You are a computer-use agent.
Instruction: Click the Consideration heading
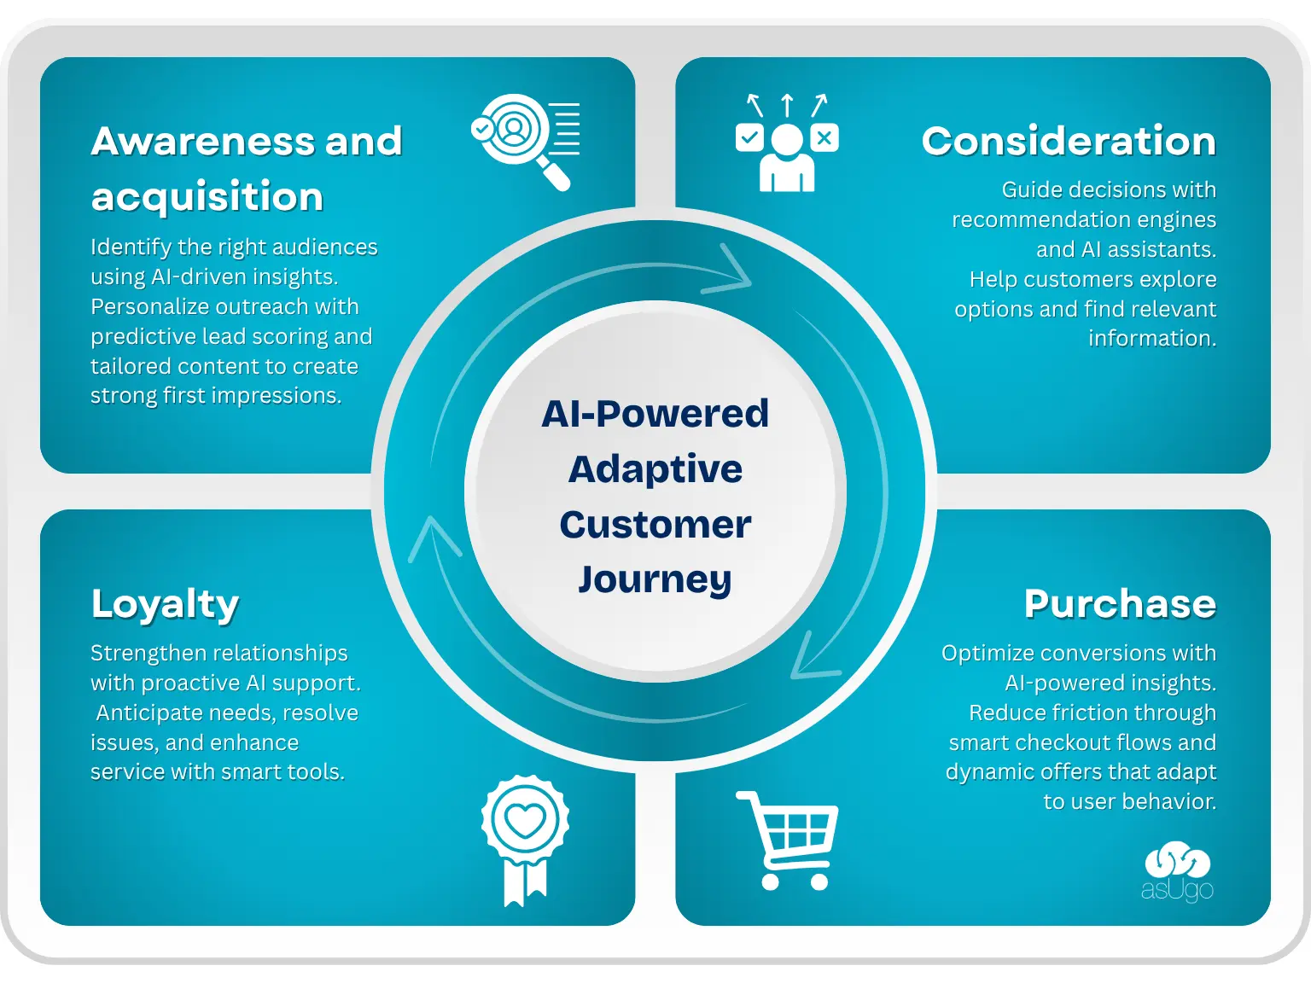coord(1069,142)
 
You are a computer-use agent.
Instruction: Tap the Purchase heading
coord(1120,604)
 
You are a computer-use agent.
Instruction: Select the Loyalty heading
coord(165,605)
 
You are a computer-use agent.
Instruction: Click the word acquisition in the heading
coord(207,197)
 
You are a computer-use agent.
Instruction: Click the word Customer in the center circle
coord(655,525)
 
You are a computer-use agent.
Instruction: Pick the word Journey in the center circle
coord(655,580)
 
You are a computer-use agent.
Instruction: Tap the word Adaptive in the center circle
coord(655,469)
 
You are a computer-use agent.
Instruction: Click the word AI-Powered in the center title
coord(655,414)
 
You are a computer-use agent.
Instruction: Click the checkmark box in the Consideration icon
coord(749,137)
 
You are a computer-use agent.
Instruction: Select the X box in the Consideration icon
coord(824,137)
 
